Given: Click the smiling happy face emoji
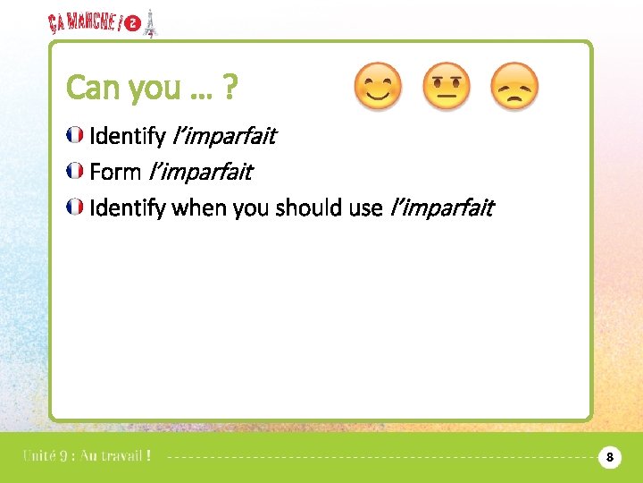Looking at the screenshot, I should (x=378, y=87).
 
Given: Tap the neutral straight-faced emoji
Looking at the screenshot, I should (x=446, y=87).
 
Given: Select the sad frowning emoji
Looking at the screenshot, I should (x=515, y=87).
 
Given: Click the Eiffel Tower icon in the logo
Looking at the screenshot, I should (x=150, y=24).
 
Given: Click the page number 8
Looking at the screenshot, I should (x=609, y=457).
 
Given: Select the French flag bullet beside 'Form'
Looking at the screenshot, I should (x=76, y=171).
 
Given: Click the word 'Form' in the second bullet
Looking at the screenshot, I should (x=115, y=171).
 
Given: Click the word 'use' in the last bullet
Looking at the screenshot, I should (x=366, y=208).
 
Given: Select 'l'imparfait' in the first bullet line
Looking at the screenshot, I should (x=222, y=136).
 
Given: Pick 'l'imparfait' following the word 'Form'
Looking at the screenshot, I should (x=200, y=171).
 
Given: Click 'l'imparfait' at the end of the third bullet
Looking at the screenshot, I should (x=442, y=208).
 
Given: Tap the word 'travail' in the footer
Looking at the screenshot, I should (x=115, y=456).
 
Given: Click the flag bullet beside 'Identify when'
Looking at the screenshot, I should (x=76, y=208).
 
